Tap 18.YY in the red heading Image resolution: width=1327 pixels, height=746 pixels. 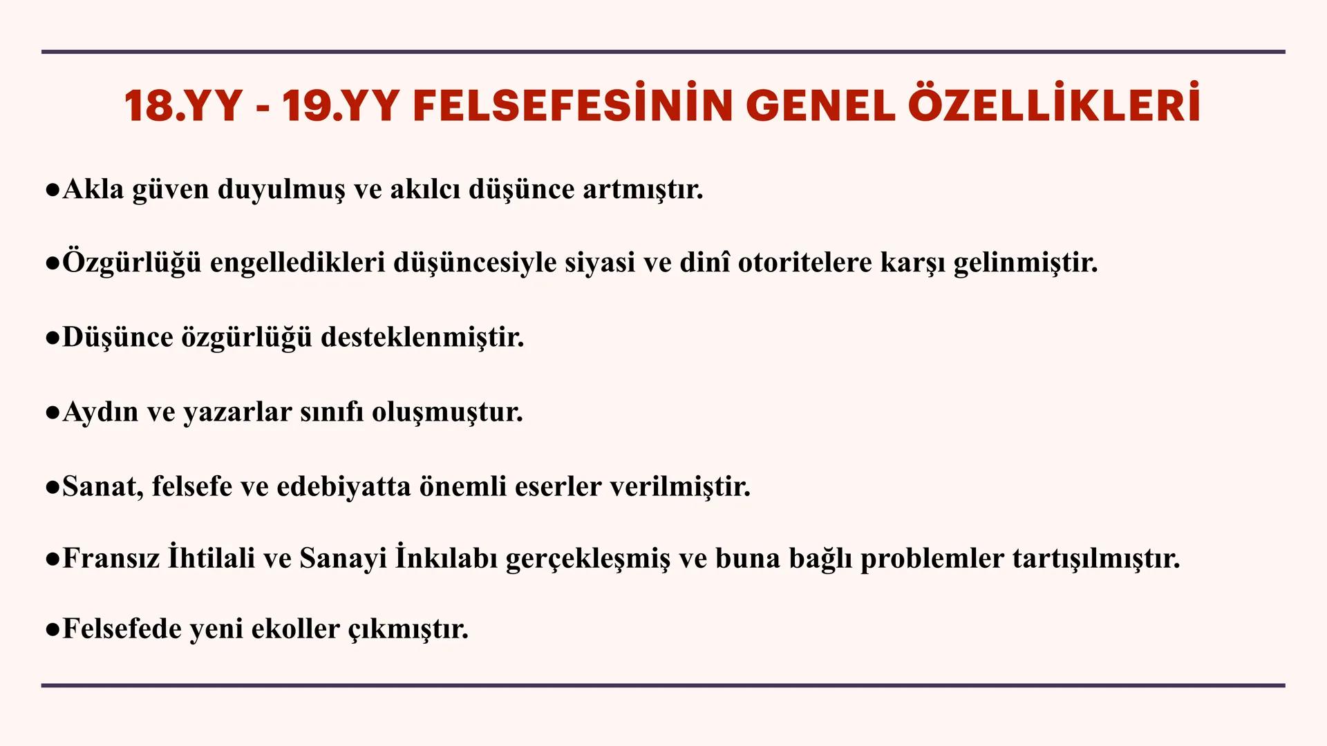coord(183,106)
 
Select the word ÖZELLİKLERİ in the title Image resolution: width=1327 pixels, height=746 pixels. coord(1054,106)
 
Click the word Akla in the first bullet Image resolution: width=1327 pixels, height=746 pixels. coord(93,189)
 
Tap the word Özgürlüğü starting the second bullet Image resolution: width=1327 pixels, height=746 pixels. coord(131,263)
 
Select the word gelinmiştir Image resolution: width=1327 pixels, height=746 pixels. coord(1026,263)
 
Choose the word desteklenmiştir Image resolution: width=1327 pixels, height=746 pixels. coord(422,338)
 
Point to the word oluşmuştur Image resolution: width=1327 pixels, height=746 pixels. coord(447,412)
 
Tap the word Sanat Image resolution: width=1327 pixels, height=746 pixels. coord(102,487)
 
